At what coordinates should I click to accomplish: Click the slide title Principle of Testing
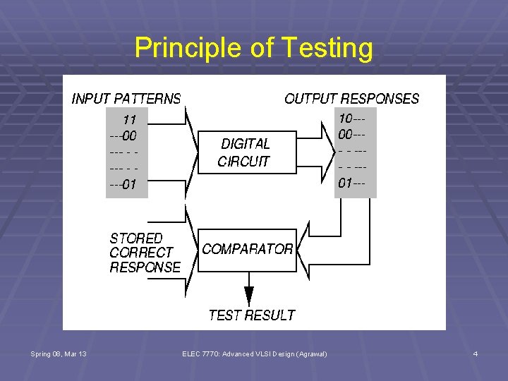click(x=253, y=48)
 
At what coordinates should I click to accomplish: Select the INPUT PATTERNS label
click(x=126, y=99)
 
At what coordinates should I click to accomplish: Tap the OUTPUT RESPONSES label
click(x=351, y=99)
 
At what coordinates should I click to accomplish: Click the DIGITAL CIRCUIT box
click(x=244, y=152)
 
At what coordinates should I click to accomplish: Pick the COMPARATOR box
click(x=247, y=250)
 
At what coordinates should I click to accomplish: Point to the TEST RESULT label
click(x=251, y=315)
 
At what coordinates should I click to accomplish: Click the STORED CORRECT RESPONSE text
click(x=145, y=253)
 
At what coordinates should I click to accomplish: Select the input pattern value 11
click(x=130, y=119)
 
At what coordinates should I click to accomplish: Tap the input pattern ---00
click(x=123, y=135)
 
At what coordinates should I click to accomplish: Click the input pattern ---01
click(x=123, y=186)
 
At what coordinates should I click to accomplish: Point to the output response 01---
click(x=351, y=184)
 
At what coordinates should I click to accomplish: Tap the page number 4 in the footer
click(x=476, y=353)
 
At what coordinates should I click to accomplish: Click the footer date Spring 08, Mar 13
click(x=59, y=353)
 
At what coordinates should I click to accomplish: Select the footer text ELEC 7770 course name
click(x=254, y=353)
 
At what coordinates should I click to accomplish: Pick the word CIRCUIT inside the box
click(x=243, y=161)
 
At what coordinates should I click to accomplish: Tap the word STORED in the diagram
click(x=135, y=238)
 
